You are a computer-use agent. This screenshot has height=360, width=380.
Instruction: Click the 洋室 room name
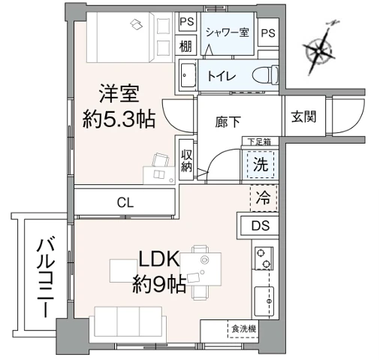(119, 95)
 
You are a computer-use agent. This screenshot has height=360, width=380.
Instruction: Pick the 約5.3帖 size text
(119, 119)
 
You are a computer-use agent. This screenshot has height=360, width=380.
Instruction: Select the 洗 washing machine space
(259, 165)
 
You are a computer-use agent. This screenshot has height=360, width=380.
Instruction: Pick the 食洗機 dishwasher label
(243, 328)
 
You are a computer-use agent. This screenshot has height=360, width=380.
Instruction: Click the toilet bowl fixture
(263, 75)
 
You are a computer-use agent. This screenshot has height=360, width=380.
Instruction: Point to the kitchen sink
(265, 301)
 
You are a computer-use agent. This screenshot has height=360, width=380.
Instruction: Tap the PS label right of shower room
(267, 33)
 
